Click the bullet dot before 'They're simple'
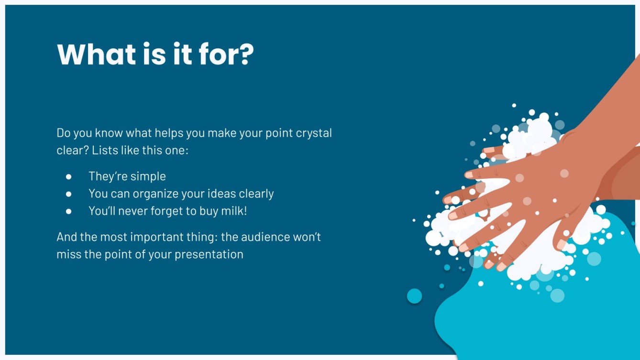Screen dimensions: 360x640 [x=68, y=176]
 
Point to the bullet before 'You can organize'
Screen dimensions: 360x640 [x=68, y=194]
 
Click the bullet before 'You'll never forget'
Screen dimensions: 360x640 [x=68, y=211]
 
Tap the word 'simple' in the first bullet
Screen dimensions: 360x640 [x=148, y=176]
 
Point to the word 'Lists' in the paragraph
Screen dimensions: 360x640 [x=104, y=150]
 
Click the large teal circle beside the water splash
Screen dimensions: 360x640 [x=414, y=296]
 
